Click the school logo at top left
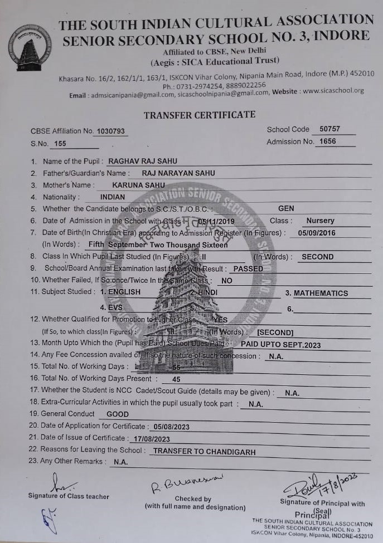click(x=33, y=47)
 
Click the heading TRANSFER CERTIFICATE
click(x=200, y=115)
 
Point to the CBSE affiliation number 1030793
click(x=110, y=131)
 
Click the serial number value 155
click(x=60, y=144)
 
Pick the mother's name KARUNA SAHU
click(x=138, y=185)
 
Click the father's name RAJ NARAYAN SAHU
click(x=178, y=173)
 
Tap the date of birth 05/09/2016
click(x=317, y=233)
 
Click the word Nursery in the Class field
click(x=320, y=221)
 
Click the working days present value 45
click(x=176, y=379)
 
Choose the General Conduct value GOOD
click(x=117, y=414)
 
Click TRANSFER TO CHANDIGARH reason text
click(x=204, y=452)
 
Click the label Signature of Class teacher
click(x=69, y=496)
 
